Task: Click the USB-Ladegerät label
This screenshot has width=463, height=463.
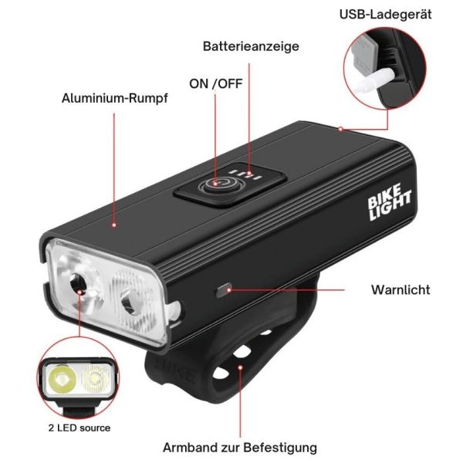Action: tap(385, 15)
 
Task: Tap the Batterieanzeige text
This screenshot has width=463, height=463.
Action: tap(251, 46)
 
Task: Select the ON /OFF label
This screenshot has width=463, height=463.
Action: tap(215, 84)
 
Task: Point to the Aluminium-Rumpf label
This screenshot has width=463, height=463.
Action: tap(114, 98)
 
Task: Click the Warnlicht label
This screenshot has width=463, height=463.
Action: tap(400, 289)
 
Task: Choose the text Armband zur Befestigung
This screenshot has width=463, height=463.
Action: tap(240, 448)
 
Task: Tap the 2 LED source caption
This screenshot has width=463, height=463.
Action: tap(79, 428)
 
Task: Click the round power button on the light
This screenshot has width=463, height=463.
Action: tap(220, 184)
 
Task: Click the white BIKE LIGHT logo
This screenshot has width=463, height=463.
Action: tap(389, 202)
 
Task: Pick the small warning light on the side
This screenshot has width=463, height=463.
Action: tap(223, 291)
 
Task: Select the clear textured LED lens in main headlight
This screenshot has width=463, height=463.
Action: tap(130, 301)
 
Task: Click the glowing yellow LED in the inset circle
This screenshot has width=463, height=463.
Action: tap(63, 379)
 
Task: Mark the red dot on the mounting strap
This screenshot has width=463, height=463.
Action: tap(240, 367)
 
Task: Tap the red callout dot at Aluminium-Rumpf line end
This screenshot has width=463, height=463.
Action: tap(114, 225)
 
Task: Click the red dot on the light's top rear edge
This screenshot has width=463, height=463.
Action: tap(340, 129)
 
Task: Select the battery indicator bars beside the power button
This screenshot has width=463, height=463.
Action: tap(245, 174)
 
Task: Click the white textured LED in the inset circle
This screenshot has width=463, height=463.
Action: tap(94, 378)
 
